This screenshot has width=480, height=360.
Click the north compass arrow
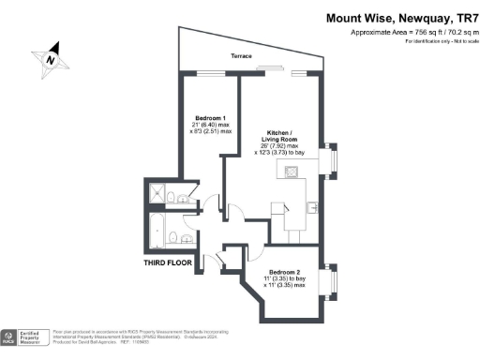tap(53, 56)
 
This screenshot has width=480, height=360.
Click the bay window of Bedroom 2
tap(328, 281)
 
